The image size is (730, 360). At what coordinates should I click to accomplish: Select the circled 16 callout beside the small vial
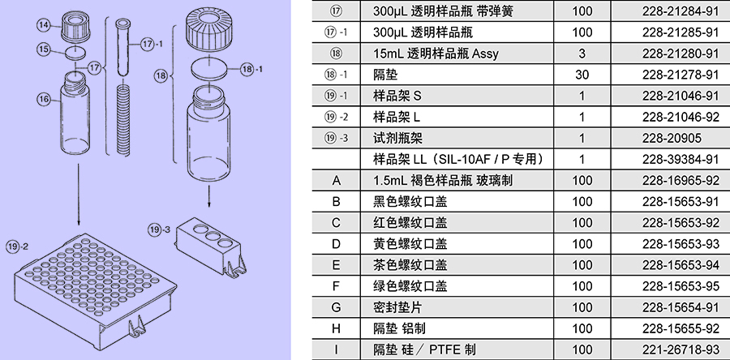[x=44, y=99]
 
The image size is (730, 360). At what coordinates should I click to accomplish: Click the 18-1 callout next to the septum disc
[x=251, y=70]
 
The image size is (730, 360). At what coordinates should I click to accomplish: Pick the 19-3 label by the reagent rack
[x=160, y=229]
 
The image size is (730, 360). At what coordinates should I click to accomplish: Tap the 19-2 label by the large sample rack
[x=17, y=246]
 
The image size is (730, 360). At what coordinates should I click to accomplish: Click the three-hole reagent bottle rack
[x=210, y=245]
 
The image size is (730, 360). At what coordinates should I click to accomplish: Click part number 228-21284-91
[x=681, y=11]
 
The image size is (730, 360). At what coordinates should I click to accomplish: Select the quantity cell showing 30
[x=582, y=75]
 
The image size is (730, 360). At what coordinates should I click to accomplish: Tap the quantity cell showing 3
[x=582, y=54]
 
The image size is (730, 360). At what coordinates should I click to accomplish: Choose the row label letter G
[x=336, y=307]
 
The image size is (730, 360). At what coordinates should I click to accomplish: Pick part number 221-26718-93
[x=681, y=349]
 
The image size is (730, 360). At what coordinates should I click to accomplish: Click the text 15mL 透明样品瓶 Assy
[x=436, y=54]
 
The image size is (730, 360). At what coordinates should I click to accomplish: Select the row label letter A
[x=336, y=181]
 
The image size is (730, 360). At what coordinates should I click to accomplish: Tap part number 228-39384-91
[x=681, y=160]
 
